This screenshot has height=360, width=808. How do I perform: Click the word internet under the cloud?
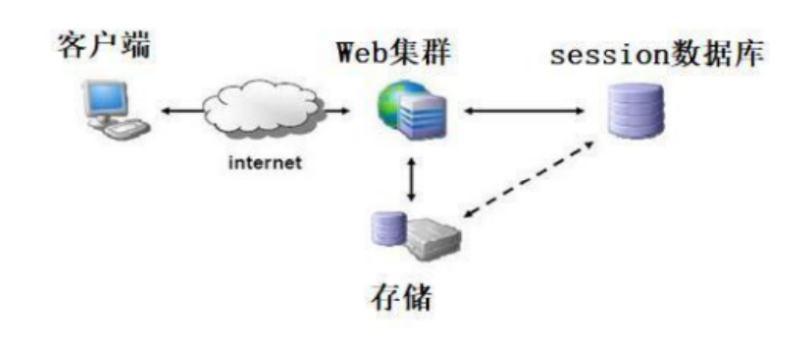pos(263,164)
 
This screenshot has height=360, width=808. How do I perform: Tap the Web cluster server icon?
pos(412,111)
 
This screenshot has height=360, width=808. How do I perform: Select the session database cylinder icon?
pos(636,110)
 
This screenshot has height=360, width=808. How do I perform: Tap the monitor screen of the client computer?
pos(108,97)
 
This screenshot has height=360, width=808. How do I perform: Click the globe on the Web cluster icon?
pos(392,106)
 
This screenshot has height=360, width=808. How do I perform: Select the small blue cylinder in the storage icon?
pos(383,230)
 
